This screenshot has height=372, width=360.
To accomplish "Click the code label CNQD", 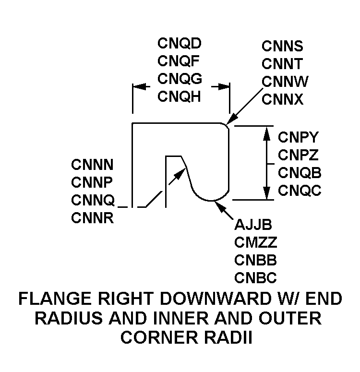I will (x=180, y=44).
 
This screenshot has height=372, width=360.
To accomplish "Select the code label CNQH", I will (x=180, y=96).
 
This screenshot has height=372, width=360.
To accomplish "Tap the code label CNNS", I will (x=283, y=46).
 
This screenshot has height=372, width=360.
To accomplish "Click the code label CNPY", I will (x=298, y=138).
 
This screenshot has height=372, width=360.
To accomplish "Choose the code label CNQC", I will (x=299, y=191).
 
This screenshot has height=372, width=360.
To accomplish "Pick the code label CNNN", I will (x=92, y=165).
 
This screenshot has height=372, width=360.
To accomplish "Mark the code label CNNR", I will (x=92, y=218).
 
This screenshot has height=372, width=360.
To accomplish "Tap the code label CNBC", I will (x=255, y=277).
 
